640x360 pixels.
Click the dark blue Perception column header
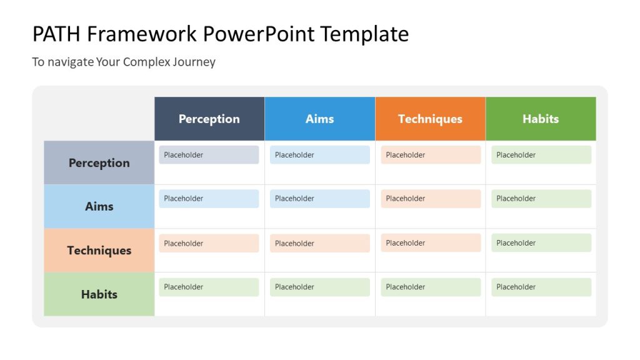[209, 119]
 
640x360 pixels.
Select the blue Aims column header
[319, 119]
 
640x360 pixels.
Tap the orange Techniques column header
[430, 119]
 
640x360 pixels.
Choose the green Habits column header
[541, 119]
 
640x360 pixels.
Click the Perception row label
[99, 162]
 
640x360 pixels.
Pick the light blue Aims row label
[99, 206]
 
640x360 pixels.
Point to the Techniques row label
[99, 250]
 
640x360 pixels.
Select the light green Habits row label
[99, 294]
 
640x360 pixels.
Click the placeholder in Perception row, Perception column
[209, 155]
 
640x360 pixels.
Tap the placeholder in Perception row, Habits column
[541, 155]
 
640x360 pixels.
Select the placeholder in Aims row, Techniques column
[431, 199]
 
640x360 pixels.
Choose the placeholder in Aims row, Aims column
[319, 199]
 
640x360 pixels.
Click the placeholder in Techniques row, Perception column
[209, 243]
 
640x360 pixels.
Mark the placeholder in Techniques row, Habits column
[541, 243]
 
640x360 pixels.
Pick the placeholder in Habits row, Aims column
[319, 287]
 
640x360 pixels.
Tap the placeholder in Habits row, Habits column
[541, 287]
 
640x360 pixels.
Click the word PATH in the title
[56, 34]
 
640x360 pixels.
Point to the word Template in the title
[365, 34]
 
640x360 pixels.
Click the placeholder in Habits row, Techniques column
[431, 287]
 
